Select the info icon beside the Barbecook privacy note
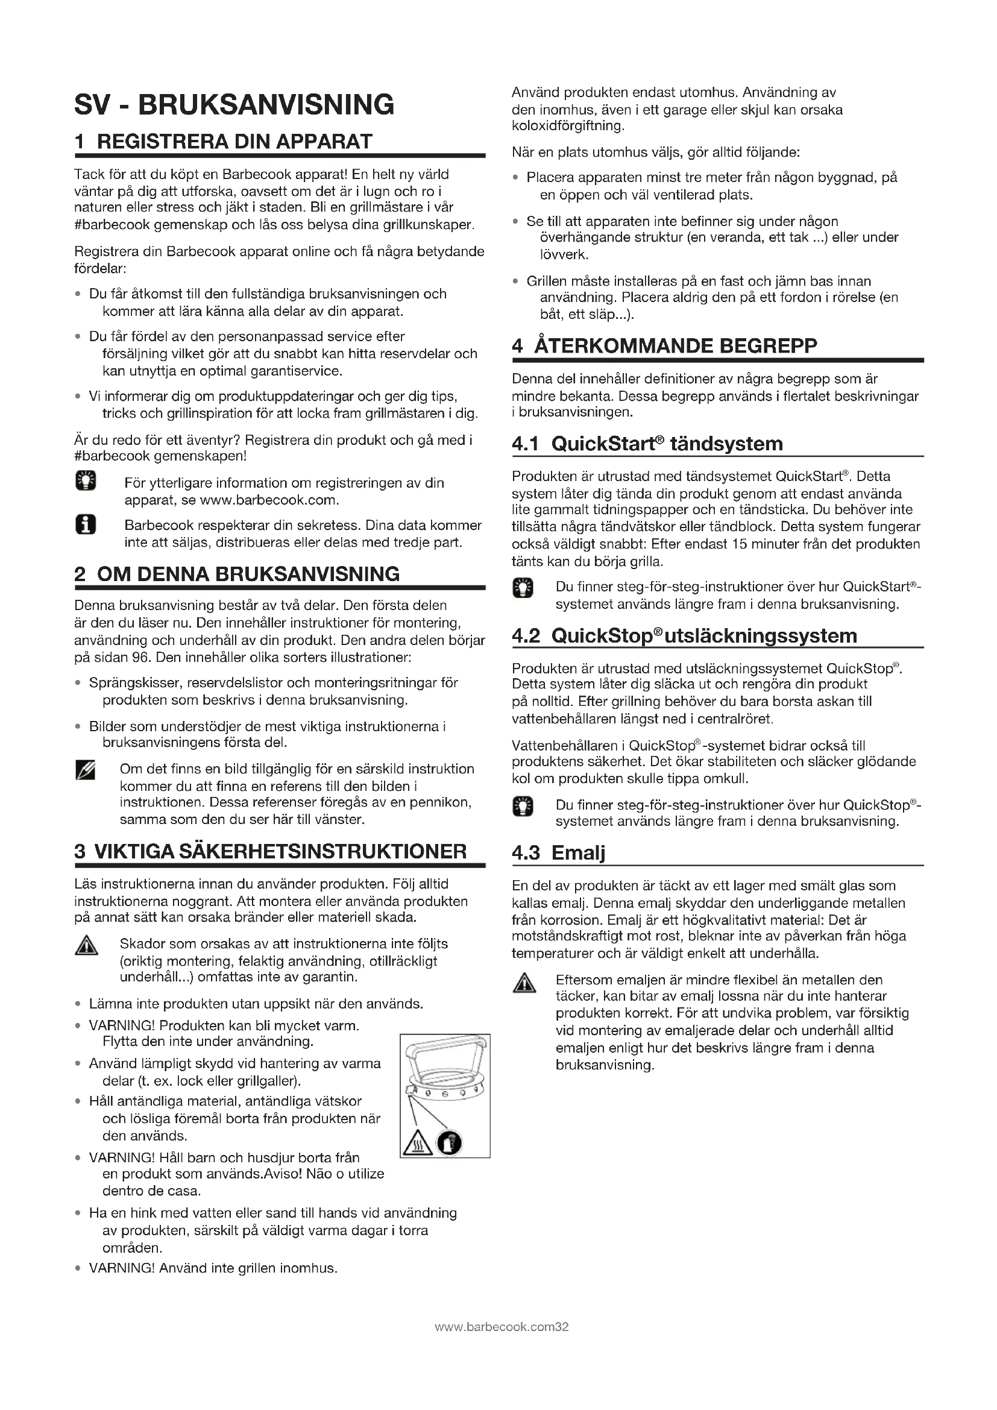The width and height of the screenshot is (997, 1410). (86, 525)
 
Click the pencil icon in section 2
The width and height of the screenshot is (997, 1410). (85, 770)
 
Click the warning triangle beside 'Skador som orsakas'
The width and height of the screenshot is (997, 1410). (86, 946)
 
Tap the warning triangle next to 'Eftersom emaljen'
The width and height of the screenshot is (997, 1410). (524, 983)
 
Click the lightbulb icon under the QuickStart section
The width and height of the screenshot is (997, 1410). (523, 588)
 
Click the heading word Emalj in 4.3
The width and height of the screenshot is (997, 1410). (577, 853)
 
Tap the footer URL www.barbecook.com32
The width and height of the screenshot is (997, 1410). (501, 1327)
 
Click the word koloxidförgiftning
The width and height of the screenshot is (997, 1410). (567, 127)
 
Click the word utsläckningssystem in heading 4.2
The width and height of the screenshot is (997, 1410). (761, 635)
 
